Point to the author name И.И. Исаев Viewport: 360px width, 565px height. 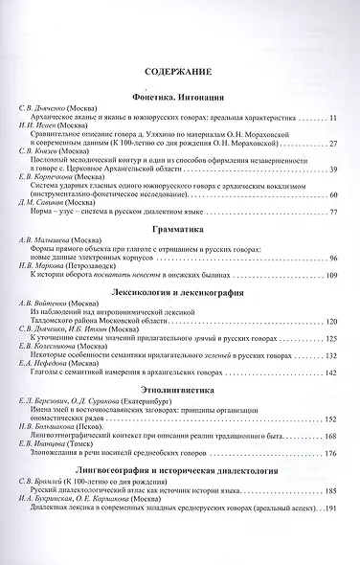point(33,125)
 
